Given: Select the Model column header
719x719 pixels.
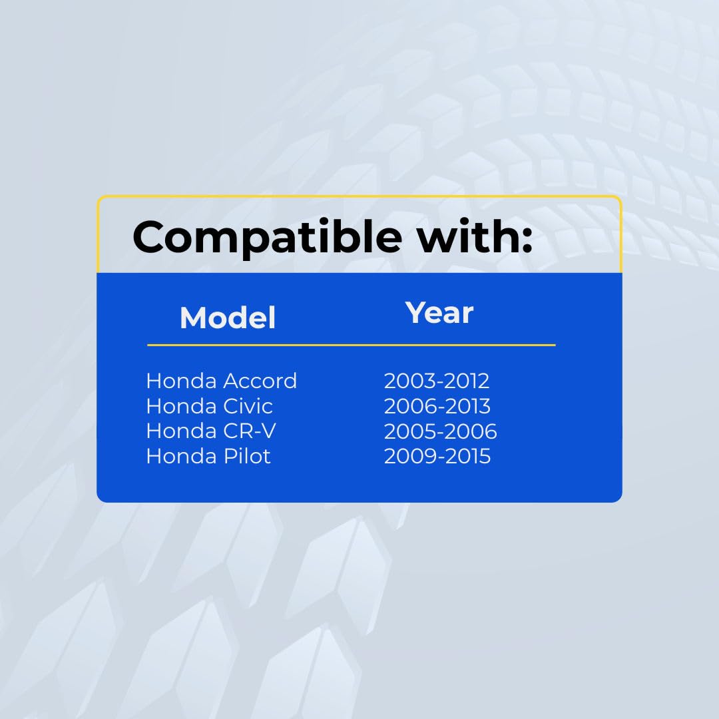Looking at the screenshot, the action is click(228, 318).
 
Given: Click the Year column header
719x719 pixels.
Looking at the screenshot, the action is click(439, 313).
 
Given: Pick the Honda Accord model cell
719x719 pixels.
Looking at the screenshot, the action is click(222, 381).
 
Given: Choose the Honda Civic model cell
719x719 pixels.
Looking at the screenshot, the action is click(210, 406).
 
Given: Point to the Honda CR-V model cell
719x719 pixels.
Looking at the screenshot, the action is click(211, 431).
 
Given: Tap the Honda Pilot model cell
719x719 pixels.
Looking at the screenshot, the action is click(208, 456).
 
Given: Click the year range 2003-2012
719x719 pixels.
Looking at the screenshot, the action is click(437, 381).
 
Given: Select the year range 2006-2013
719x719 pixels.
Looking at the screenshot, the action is click(437, 406).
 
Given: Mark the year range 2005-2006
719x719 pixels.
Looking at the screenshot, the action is click(440, 431).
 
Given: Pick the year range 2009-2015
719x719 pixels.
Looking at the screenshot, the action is click(437, 456).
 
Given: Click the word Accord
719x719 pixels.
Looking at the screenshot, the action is click(260, 381).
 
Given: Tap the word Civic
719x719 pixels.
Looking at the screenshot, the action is click(248, 406).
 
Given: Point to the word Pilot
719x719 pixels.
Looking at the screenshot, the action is click(247, 456).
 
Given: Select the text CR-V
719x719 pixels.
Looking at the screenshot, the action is click(250, 431).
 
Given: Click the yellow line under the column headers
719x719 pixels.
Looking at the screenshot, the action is click(352, 345).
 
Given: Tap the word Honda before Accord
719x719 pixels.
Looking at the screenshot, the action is click(181, 381).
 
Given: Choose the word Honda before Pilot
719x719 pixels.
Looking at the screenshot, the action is click(181, 456).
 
